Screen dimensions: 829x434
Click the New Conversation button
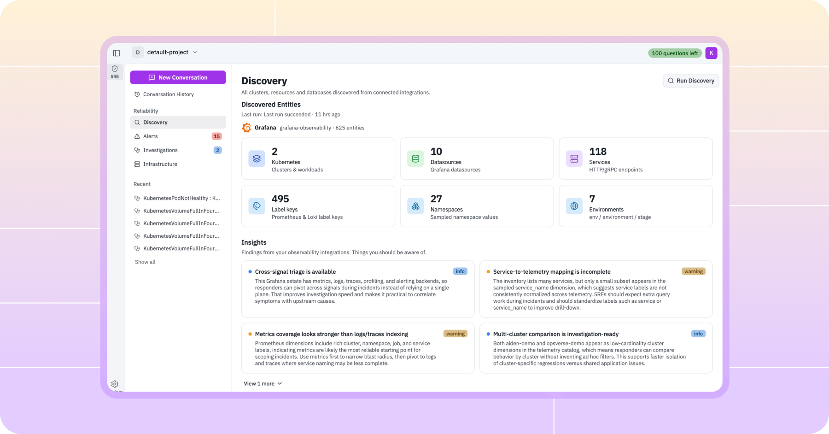tap(178, 77)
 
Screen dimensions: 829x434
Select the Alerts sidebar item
tap(150, 136)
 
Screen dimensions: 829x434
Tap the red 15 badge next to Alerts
tap(216, 136)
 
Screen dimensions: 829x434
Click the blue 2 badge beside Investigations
tap(217, 150)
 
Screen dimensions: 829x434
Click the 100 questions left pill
tap(675, 53)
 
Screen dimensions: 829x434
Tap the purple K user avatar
tap(711, 53)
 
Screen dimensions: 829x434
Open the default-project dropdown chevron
tap(195, 53)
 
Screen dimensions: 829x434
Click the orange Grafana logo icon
tap(247, 128)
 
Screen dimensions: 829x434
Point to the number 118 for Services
tap(598, 152)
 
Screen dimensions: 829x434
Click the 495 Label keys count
tap(280, 199)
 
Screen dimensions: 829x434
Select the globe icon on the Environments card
tap(574, 206)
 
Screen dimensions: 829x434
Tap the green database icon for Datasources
tap(415, 159)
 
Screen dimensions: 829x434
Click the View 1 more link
tap(263, 384)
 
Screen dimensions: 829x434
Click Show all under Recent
tap(145, 262)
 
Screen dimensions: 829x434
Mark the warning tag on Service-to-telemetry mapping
tap(693, 271)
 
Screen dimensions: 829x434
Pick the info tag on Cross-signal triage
tap(460, 271)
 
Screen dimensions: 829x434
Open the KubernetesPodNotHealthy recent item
tap(177, 198)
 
